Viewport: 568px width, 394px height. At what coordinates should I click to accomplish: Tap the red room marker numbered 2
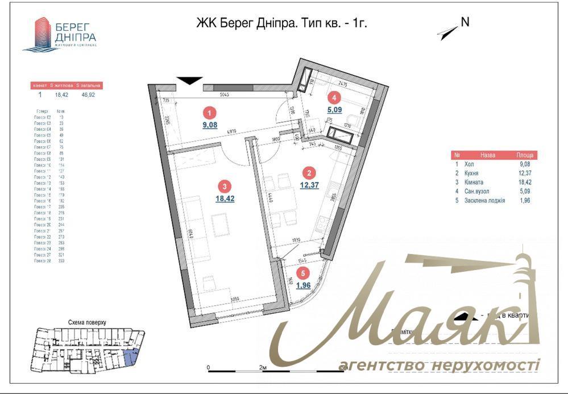click(309, 173)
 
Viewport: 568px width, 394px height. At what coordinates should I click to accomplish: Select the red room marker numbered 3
click(226, 185)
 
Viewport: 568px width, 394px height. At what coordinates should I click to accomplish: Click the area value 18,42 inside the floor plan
click(225, 199)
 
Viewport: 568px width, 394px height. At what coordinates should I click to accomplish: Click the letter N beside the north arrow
click(465, 23)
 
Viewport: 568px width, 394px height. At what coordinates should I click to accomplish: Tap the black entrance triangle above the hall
click(189, 82)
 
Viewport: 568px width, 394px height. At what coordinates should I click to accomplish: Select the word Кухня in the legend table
click(471, 172)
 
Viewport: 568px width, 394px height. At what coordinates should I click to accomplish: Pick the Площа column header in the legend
click(525, 155)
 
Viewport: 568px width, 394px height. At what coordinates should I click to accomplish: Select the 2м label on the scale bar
click(263, 369)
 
